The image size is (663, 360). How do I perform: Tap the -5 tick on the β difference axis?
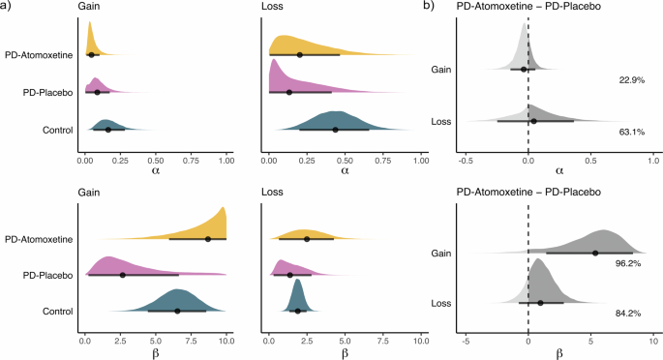click(x=466, y=341)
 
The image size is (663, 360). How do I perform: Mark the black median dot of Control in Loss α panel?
click(x=335, y=130)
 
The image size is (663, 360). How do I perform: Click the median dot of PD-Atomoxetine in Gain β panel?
click(x=208, y=239)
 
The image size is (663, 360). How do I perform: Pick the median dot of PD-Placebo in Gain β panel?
click(x=123, y=275)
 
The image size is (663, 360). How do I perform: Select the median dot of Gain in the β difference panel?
click(x=595, y=253)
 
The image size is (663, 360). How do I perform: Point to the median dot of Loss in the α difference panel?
click(x=533, y=121)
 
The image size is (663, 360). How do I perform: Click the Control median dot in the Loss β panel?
click(x=297, y=311)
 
